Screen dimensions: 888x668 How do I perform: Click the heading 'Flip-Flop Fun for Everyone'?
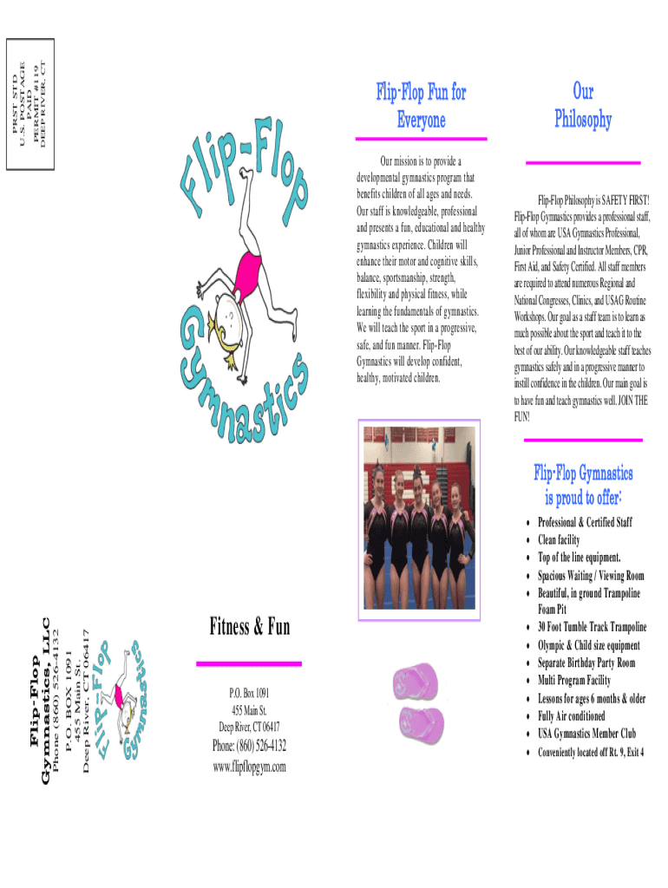click(421, 106)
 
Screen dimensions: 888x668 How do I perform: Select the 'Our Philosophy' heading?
click(583, 106)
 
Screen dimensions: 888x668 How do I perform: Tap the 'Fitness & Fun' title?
click(250, 626)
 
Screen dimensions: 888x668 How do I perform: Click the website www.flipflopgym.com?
click(250, 767)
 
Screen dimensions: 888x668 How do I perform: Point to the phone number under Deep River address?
click(250, 747)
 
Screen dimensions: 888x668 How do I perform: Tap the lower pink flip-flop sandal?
click(422, 719)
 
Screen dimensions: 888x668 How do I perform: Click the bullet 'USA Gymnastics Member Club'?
click(586, 734)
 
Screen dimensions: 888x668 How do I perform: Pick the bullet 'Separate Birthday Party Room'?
click(586, 663)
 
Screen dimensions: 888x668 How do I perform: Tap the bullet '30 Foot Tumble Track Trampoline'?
click(592, 627)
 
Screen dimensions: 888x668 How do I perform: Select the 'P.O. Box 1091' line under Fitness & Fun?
click(250, 694)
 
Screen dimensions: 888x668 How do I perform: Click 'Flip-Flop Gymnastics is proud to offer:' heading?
click(583, 485)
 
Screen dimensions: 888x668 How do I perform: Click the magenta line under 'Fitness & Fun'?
click(250, 663)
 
